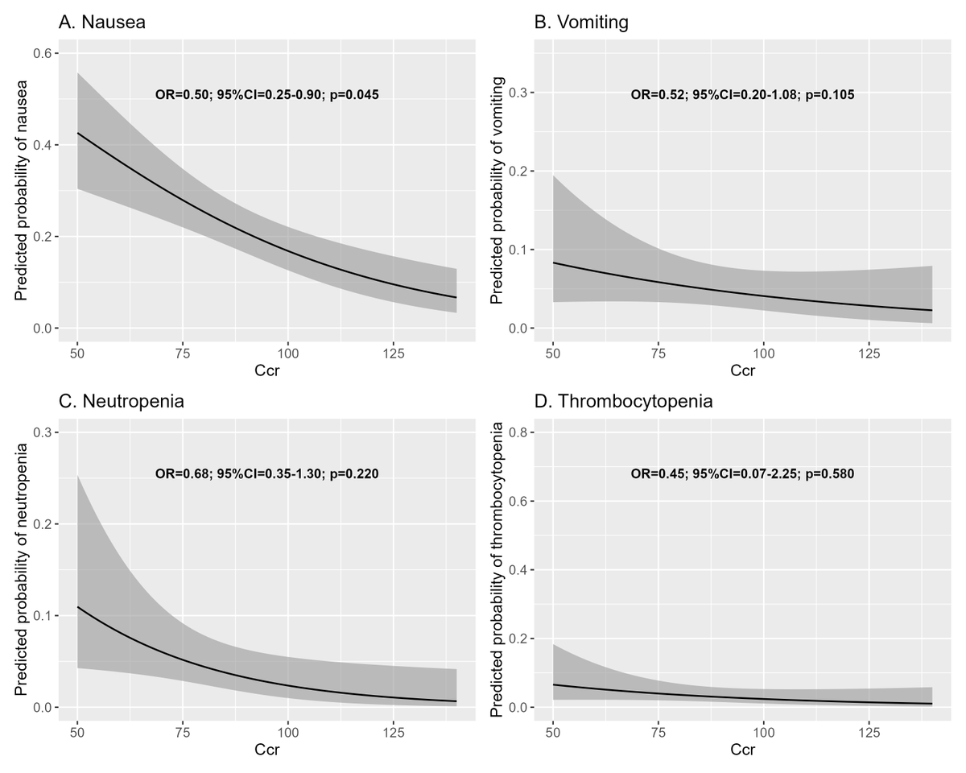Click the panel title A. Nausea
click(x=101, y=23)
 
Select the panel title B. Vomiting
click(x=581, y=23)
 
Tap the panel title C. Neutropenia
click(x=121, y=401)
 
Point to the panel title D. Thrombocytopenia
click(x=623, y=401)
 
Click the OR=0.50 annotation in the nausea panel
click(x=184, y=94)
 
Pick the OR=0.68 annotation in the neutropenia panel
click(x=184, y=473)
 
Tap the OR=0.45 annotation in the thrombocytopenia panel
click(x=659, y=473)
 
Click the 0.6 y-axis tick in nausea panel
click(x=39, y=53)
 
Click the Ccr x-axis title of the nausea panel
click(x=267, y=371)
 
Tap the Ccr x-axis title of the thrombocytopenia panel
click(x=742, y=750)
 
